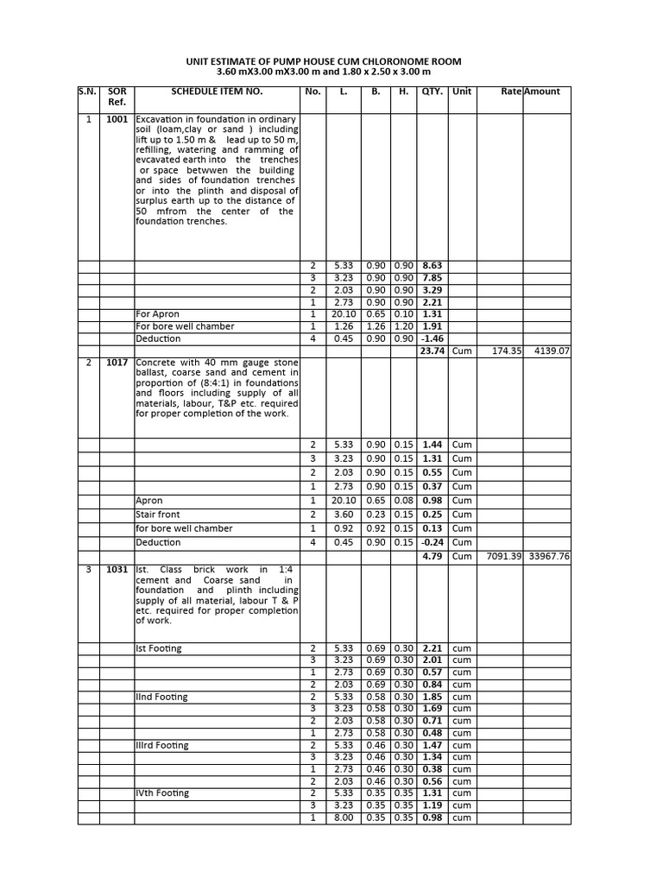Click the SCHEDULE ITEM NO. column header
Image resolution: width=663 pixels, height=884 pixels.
[217, 92]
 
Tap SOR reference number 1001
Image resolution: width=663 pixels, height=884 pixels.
[117, 119]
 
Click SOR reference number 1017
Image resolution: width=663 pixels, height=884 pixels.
[117, 363]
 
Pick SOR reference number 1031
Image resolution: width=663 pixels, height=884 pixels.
[117, 570]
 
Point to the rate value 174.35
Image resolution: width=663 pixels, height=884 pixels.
[506, 351]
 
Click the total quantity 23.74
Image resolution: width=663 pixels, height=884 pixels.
[432, 351]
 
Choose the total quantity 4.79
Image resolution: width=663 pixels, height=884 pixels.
[432, 557]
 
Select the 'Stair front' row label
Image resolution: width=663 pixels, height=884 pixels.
[158, 515]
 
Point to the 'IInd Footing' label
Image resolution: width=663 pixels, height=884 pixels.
[161, 697]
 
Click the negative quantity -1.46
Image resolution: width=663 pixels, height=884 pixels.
[432, 339]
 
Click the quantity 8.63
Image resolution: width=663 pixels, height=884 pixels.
[432, 265]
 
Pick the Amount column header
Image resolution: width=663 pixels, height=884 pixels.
[542, 92]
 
